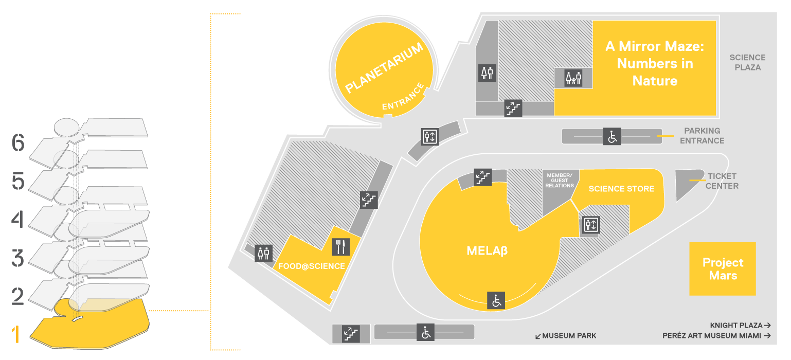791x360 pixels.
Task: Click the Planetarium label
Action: [x=384, y=68]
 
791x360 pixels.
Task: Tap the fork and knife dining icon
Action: [x=341, y=247]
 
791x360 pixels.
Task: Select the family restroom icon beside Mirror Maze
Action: [x=573, y=78]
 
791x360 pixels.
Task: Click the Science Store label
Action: [x=621, y=189]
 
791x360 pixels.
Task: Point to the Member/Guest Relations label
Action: [x=560, y=181]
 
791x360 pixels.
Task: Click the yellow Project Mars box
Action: [x=723, y=268]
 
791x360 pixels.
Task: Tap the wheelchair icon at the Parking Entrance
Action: [x=612, y=136]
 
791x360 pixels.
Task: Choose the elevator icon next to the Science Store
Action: [x=591, y=224]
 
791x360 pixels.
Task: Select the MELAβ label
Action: [x=487, y=250]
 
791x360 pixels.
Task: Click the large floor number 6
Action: [x=19, y=142]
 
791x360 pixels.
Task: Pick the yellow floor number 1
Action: [x=15, y=334]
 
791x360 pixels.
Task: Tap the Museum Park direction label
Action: [x=566, y=336]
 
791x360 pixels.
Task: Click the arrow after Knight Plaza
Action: [x=767, y=326]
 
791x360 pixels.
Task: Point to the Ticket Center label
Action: [x=722, y=181]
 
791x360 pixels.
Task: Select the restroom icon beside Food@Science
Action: [x=263, y=253]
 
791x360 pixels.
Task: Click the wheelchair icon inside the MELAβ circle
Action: [x=496, y=301]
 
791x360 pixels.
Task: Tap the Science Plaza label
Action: [x=748, y=62]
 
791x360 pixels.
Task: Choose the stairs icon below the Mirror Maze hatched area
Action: [x=513, y=107]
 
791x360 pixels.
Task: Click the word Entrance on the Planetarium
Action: [x=403, y=96]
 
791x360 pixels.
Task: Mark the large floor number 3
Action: [x=17, y=258]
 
